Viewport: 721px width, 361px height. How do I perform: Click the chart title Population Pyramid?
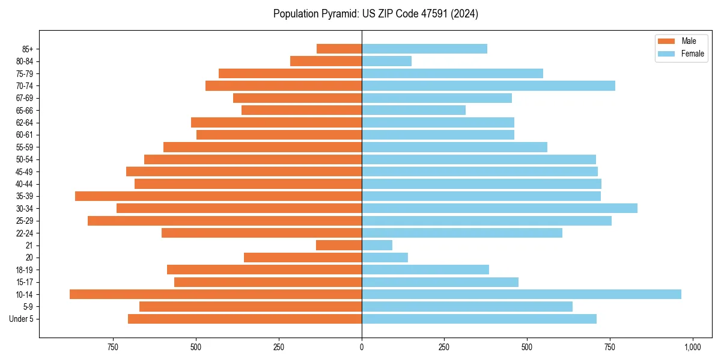376,14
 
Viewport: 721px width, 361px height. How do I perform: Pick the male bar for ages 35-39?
218,196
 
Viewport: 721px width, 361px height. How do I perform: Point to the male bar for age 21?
339,245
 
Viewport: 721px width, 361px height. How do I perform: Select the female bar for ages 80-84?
386,61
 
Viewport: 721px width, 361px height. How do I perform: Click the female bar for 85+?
424,49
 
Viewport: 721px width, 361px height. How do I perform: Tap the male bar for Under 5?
245,319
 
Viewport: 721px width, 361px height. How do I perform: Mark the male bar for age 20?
303,258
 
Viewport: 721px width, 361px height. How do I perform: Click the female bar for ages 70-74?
488,85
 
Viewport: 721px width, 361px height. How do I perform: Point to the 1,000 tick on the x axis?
693,347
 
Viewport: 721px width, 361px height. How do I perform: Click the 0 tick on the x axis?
362,347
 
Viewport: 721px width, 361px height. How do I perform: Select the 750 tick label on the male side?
112,347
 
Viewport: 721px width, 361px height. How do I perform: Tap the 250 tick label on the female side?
444,347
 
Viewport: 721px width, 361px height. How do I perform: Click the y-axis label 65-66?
25,110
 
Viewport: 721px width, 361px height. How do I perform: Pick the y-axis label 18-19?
25,270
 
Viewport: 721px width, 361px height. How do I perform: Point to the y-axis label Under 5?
22,319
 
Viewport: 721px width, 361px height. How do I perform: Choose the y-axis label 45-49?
25,171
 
